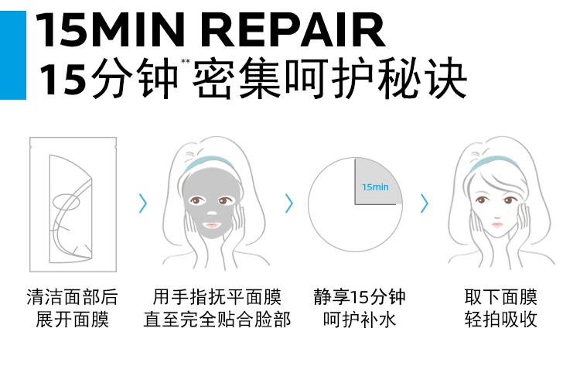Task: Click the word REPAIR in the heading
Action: [x=297, y=30]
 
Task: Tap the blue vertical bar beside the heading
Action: [x=12, y=50]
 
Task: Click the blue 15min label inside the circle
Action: [x=375, y=186]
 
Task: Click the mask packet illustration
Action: [x=72, y=204]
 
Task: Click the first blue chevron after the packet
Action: [x=142, y=203]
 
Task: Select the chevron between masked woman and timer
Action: [x=289, y=203]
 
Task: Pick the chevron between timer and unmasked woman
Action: [x=425, y=203]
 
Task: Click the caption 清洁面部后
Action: [x=72, y=297]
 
